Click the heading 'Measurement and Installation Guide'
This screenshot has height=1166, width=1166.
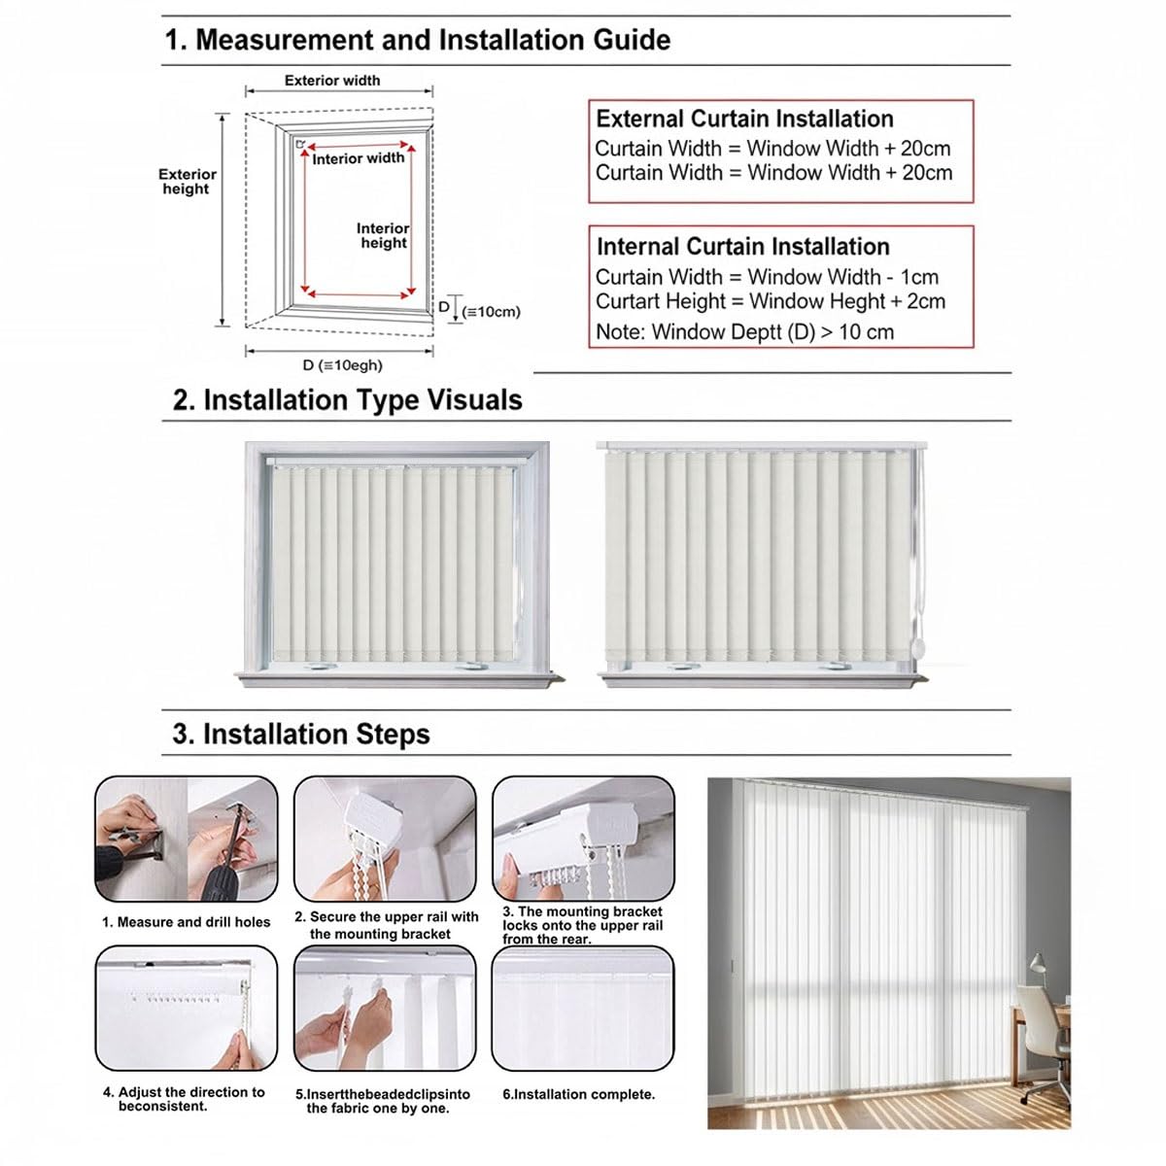[432, 40]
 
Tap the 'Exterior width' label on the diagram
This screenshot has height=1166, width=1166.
[332, 81]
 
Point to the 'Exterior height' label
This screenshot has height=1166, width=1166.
[187, 182]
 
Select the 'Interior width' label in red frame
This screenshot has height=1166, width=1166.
[359, 158]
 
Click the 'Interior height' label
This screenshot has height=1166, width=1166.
[383, 235]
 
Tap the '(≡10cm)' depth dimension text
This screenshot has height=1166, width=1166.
[491, 312]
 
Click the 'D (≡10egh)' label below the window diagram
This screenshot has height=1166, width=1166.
[342, 365]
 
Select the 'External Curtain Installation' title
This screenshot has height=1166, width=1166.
[744, 119]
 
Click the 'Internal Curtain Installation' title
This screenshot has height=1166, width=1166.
[743, 247]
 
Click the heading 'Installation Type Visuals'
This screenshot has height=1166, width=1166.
[362, 400]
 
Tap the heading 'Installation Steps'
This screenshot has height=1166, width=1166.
[316, 734]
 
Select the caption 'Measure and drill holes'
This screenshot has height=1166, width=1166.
[193, 922]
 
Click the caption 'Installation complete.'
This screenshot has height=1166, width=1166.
[585, 1095]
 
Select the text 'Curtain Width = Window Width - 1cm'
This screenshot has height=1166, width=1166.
[767, 277]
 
